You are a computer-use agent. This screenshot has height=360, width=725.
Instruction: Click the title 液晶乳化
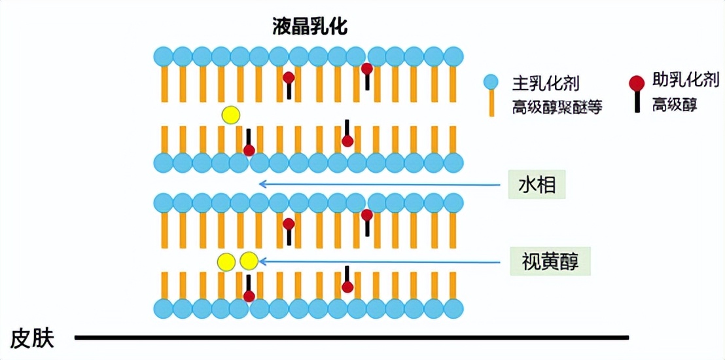point(309,27)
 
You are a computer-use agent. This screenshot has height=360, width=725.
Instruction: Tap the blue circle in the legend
point(491,82)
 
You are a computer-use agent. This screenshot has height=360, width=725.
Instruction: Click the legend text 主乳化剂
point(546,83)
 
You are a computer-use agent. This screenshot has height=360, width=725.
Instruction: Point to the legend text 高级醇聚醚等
point(557,107)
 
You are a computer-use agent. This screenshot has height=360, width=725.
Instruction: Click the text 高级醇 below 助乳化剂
point(675,105)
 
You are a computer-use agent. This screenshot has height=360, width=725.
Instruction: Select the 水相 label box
point(537,185)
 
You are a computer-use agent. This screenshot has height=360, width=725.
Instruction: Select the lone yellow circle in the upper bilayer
point(230,115)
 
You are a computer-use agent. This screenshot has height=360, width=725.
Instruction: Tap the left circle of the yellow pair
point(226,262)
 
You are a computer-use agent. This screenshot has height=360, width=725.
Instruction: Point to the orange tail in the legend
point(491,103)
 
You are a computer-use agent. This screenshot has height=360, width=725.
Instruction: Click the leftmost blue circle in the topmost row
point(163,56)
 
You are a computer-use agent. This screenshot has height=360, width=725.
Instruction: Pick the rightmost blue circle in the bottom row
point(453,307)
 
